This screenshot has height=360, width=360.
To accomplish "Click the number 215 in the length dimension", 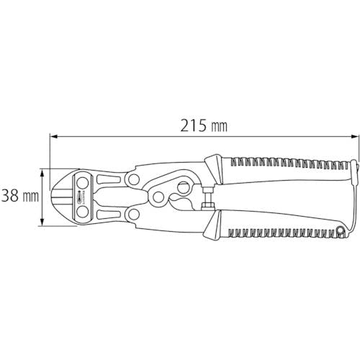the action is (193, 126).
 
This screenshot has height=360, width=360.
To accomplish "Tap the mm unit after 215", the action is (219, 127).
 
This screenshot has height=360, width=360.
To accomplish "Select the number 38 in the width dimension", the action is (10, 196).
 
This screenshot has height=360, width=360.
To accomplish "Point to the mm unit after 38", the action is (30, 197).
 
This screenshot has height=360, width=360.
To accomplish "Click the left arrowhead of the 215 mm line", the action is (54, 137).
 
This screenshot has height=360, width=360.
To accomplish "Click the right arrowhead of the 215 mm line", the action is (354, 137).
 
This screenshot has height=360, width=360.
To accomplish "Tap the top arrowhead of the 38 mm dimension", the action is (42, 172).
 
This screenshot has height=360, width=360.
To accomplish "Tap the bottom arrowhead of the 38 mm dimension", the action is (42, 222).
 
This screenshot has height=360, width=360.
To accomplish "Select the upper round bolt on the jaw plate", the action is (82, 183).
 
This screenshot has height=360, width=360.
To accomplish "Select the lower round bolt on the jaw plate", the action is (82, 212).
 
